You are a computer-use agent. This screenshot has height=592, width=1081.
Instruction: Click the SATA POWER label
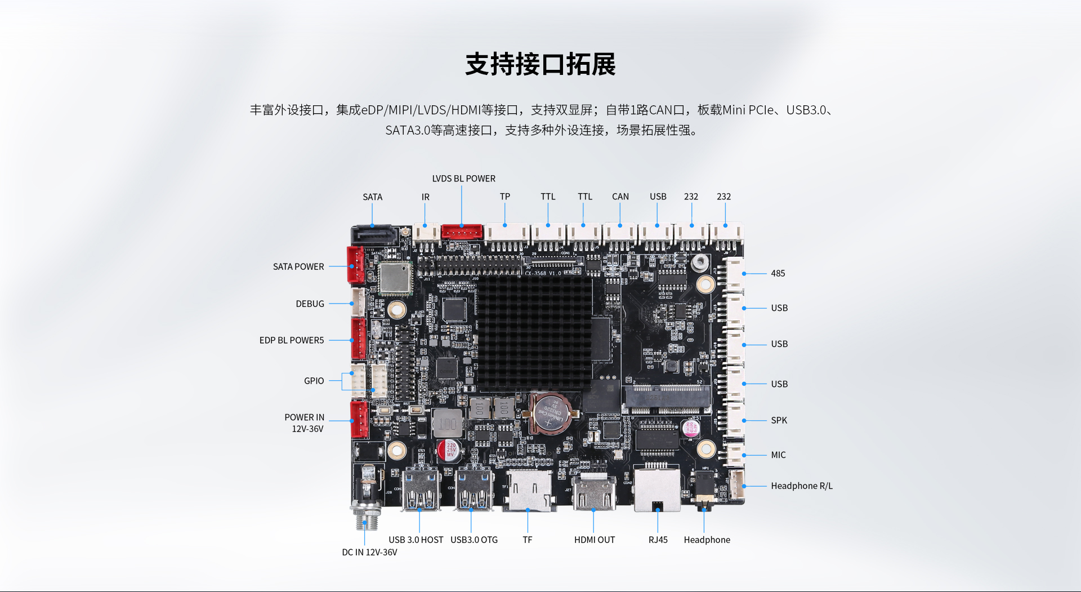(298, 266)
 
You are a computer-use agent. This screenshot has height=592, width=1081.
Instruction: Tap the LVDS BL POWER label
(464, 179)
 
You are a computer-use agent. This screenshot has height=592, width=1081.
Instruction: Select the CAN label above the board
(620, 197)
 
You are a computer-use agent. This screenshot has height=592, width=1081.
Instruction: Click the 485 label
(778, 273)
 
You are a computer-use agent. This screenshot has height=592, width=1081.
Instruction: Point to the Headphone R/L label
(802, 486)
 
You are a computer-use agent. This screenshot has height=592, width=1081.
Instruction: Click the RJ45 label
(658, 540)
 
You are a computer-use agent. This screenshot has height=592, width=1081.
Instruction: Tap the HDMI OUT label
(595, 540)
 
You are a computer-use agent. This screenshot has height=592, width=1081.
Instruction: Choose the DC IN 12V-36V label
(369, 552)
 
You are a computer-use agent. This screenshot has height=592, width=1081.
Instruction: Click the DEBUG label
(310, 304)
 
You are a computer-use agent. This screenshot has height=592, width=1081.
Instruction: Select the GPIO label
(314, 381)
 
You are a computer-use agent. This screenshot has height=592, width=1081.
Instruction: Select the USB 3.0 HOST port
(420, 488)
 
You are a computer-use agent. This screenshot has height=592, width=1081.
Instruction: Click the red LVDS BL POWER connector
(462, 232)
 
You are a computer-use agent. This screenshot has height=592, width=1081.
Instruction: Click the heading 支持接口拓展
(540, 64)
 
